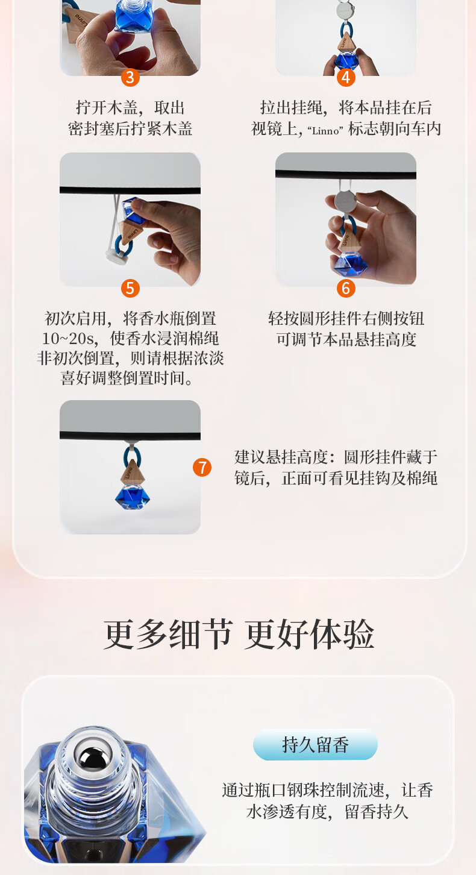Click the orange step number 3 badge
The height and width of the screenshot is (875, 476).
130,77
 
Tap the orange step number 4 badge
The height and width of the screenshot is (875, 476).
346,77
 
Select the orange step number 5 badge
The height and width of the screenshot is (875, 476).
130,288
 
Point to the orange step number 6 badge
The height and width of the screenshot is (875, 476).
346,288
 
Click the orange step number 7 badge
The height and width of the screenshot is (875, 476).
202,467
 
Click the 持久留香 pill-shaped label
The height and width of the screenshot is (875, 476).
315,744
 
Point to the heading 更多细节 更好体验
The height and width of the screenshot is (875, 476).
239,635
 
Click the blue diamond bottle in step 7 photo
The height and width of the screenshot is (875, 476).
133,497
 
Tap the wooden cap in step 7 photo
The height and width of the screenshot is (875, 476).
133,471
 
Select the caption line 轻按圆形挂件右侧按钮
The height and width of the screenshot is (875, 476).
346,319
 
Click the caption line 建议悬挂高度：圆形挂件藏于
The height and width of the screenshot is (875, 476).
336,457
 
